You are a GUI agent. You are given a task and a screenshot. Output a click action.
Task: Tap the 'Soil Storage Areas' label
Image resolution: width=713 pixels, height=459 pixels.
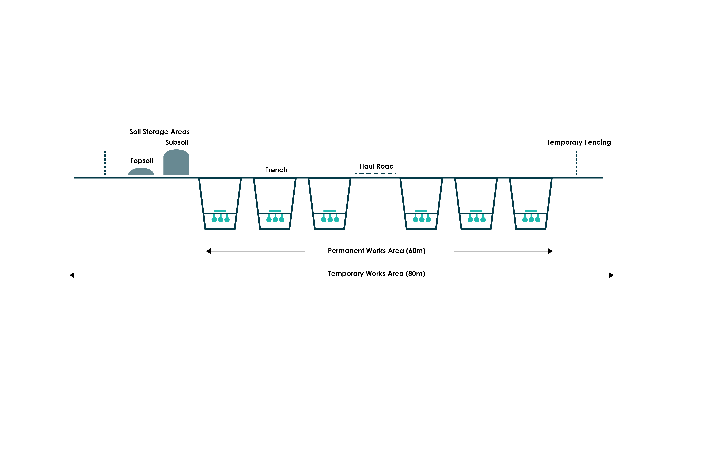[159, 132]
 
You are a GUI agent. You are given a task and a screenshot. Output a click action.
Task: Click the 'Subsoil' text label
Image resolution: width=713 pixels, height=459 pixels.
[177, 142]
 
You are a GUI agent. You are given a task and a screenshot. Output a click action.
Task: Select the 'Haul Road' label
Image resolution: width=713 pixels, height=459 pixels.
[377, 166]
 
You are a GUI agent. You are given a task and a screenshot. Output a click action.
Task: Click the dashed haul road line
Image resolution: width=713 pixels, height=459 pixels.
[376, 173]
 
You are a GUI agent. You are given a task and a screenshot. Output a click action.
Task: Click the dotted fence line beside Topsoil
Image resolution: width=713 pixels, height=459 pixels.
[105, 163]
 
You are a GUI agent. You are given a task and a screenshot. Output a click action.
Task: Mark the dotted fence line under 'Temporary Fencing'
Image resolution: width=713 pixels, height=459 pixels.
[576, 163]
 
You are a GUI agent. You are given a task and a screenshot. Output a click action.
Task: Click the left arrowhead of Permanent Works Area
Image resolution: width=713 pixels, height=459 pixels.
[208, 251]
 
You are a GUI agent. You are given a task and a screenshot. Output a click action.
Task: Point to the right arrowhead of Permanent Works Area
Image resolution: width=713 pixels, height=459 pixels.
[550, 251]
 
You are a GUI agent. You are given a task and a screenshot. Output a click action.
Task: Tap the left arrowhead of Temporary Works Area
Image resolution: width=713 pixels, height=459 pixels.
[72, 275]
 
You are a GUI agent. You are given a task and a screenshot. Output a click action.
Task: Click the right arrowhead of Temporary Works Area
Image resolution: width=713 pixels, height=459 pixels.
[611, 275]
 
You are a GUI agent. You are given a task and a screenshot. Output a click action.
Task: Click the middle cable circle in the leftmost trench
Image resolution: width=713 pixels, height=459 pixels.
[221, 220]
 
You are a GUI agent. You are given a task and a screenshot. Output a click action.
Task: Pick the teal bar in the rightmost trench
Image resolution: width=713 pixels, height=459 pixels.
[531, 211]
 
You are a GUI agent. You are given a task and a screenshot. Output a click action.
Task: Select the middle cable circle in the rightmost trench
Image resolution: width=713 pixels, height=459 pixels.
[531, 220]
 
